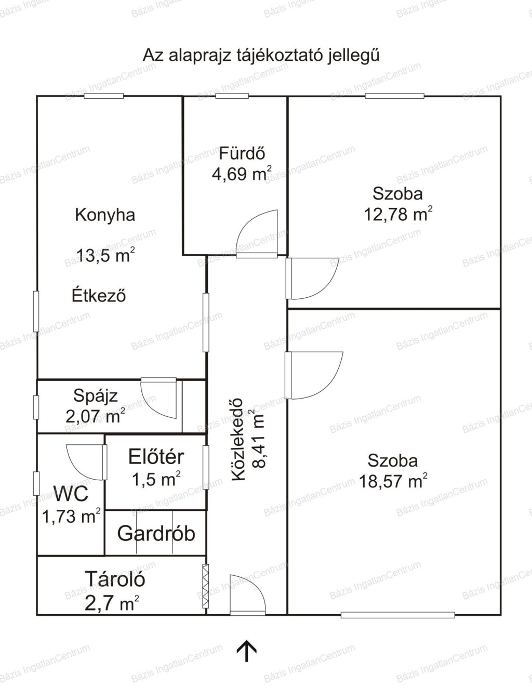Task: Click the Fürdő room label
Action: click(x=242, y=153)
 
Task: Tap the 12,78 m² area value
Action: click(x=398, y=214)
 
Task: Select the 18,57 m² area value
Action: click(x=393, y=481)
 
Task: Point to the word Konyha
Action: click(x=105, y=215)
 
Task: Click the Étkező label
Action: click(x=99, y=295)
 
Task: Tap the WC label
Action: click(x=71, y=494)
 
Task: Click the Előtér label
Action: click(x=156, y=457)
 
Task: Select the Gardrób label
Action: click(x=156, y=534)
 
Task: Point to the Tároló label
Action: click(x=115, y=579)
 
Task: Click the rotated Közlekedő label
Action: click(x=238, y=440)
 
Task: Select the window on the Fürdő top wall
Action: click(x=232, y=96)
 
